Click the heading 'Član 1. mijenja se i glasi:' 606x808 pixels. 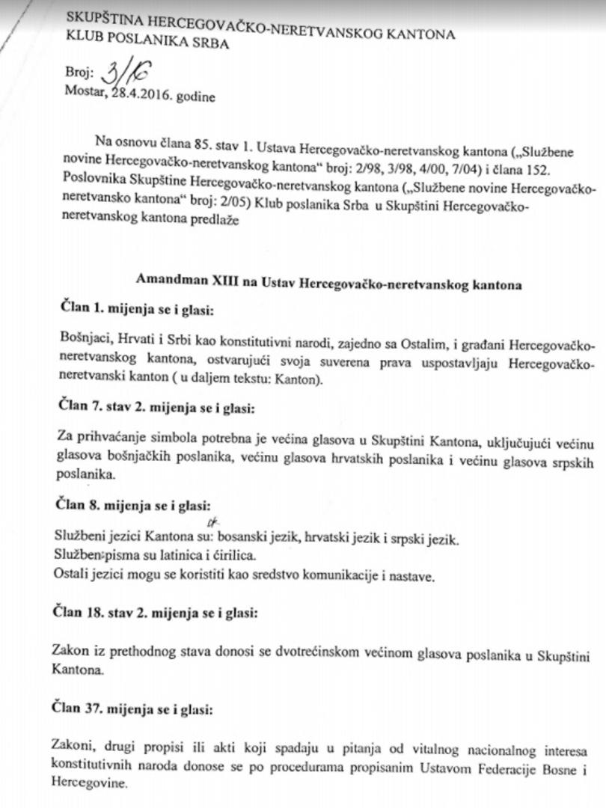(x=136, y=309)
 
